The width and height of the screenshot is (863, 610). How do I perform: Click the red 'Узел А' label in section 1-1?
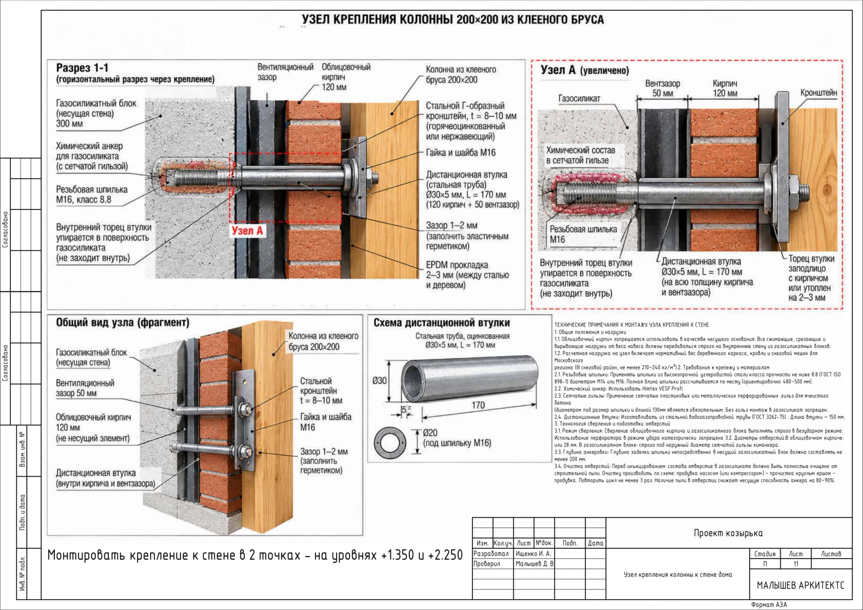(247, 231)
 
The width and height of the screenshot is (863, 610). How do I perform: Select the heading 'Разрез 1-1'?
(83, 68)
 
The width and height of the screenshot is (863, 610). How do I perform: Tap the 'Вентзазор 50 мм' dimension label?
(662, 88)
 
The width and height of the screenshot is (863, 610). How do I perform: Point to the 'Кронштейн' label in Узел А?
(819, 93)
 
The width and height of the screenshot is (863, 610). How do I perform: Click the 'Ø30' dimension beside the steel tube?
(379, 381)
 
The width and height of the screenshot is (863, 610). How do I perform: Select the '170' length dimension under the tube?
(478, 405)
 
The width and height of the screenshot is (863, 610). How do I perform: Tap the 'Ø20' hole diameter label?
(430, 433)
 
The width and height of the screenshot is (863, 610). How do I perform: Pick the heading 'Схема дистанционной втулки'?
(442, 323)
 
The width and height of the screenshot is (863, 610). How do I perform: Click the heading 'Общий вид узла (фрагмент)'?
(123, 323)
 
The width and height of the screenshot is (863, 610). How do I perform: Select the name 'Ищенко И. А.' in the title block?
(533, 554)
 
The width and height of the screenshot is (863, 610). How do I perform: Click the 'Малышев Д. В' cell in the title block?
(534, 564)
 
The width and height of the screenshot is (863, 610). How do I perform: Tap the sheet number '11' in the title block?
(796, 564)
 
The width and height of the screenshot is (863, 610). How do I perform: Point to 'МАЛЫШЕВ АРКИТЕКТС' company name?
(801, 586)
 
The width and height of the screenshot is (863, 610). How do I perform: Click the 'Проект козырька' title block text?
(728, 533)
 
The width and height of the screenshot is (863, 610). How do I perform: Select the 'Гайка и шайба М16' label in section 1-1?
(461, 152)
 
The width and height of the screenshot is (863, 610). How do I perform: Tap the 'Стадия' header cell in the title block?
(765, 554)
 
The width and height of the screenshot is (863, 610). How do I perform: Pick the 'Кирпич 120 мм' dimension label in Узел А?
(725, 88)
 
